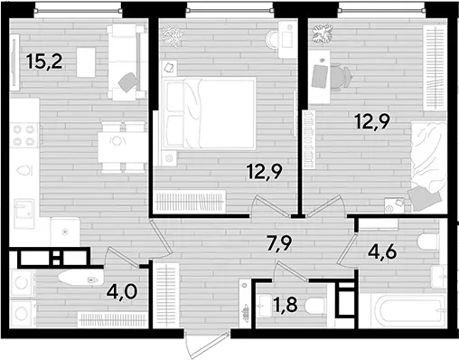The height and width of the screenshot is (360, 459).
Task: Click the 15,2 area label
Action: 44,62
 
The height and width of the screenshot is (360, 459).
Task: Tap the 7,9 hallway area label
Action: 279,242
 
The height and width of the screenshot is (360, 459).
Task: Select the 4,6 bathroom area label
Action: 382,252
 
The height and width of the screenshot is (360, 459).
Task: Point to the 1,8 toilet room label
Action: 286,305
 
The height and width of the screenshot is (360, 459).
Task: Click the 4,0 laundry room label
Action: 122,292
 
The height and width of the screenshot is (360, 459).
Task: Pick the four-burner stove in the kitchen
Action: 24,135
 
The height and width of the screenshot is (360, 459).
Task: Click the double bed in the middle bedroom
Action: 210,113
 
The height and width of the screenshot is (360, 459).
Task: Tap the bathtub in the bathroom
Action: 402,310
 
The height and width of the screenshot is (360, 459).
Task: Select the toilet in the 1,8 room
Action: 315,307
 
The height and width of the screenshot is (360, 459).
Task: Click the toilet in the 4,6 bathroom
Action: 428,242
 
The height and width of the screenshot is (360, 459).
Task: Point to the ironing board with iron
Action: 81,278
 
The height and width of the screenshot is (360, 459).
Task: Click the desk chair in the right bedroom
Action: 341,77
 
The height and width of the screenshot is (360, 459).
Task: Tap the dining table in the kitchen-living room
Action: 122,147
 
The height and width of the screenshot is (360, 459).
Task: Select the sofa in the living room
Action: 126,62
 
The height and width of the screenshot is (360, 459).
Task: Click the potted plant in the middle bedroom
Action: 173,36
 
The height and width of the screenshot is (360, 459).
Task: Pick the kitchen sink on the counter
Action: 24,213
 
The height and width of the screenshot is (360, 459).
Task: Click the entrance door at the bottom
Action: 208,344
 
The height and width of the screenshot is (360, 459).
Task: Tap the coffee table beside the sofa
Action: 86,62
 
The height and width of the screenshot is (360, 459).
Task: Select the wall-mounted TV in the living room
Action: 14,62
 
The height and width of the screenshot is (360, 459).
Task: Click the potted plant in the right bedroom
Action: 323,34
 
